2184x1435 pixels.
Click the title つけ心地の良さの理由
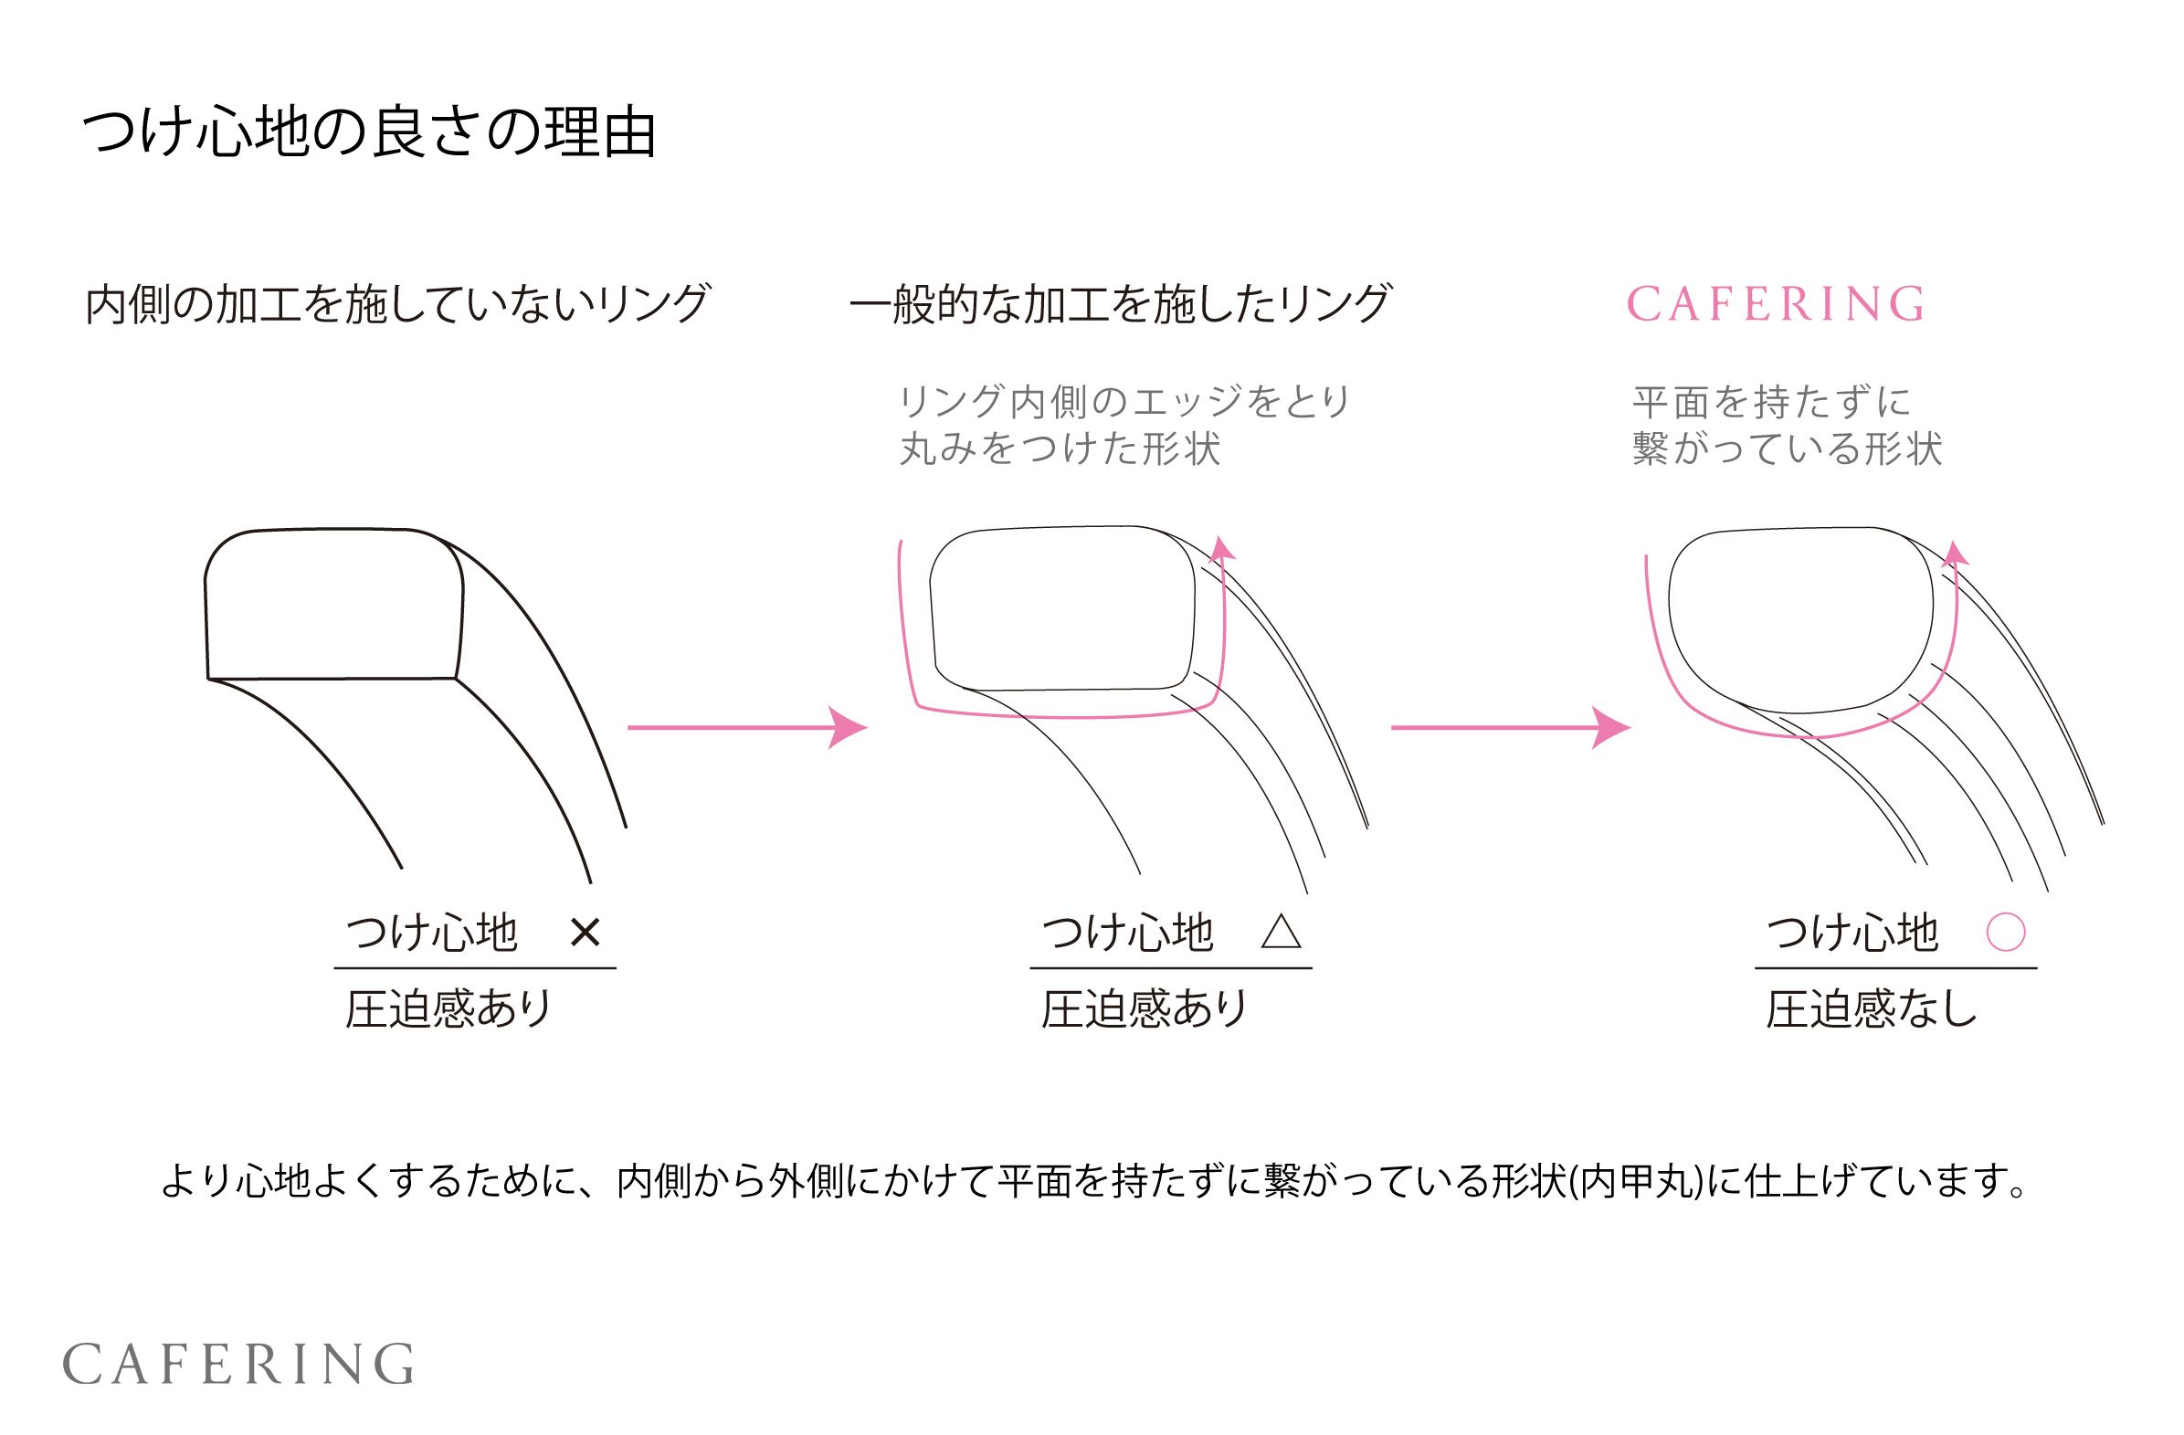tap(369, 133)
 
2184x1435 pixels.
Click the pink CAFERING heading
tap(1775, 304)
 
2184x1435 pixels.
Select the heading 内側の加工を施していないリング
tap(396, 304)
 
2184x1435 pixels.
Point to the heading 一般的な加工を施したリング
tap(1120, 304)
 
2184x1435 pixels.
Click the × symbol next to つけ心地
tap(585, 934)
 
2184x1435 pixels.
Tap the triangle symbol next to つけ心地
tap(1281, 933)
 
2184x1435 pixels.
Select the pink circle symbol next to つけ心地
tap(2005, 933)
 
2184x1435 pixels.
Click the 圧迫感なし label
tap(1871, 1008)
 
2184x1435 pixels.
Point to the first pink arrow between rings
tap(747, 728)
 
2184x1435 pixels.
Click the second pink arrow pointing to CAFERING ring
tap(1511, 728)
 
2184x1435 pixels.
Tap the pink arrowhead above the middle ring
tap(1222, 549)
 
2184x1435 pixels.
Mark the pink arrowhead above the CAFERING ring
tap(1955, 554)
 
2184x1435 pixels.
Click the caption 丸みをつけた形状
tap(1060, 448)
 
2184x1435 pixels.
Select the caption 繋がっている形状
tap(1787, 448)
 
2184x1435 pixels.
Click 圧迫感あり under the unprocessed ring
tap(448, 1008)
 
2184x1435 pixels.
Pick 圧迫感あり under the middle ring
tap(1145, 1008)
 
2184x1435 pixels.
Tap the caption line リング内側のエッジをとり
tap(1124, 401)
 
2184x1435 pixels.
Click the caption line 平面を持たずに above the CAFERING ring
tap(1771, 401)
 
